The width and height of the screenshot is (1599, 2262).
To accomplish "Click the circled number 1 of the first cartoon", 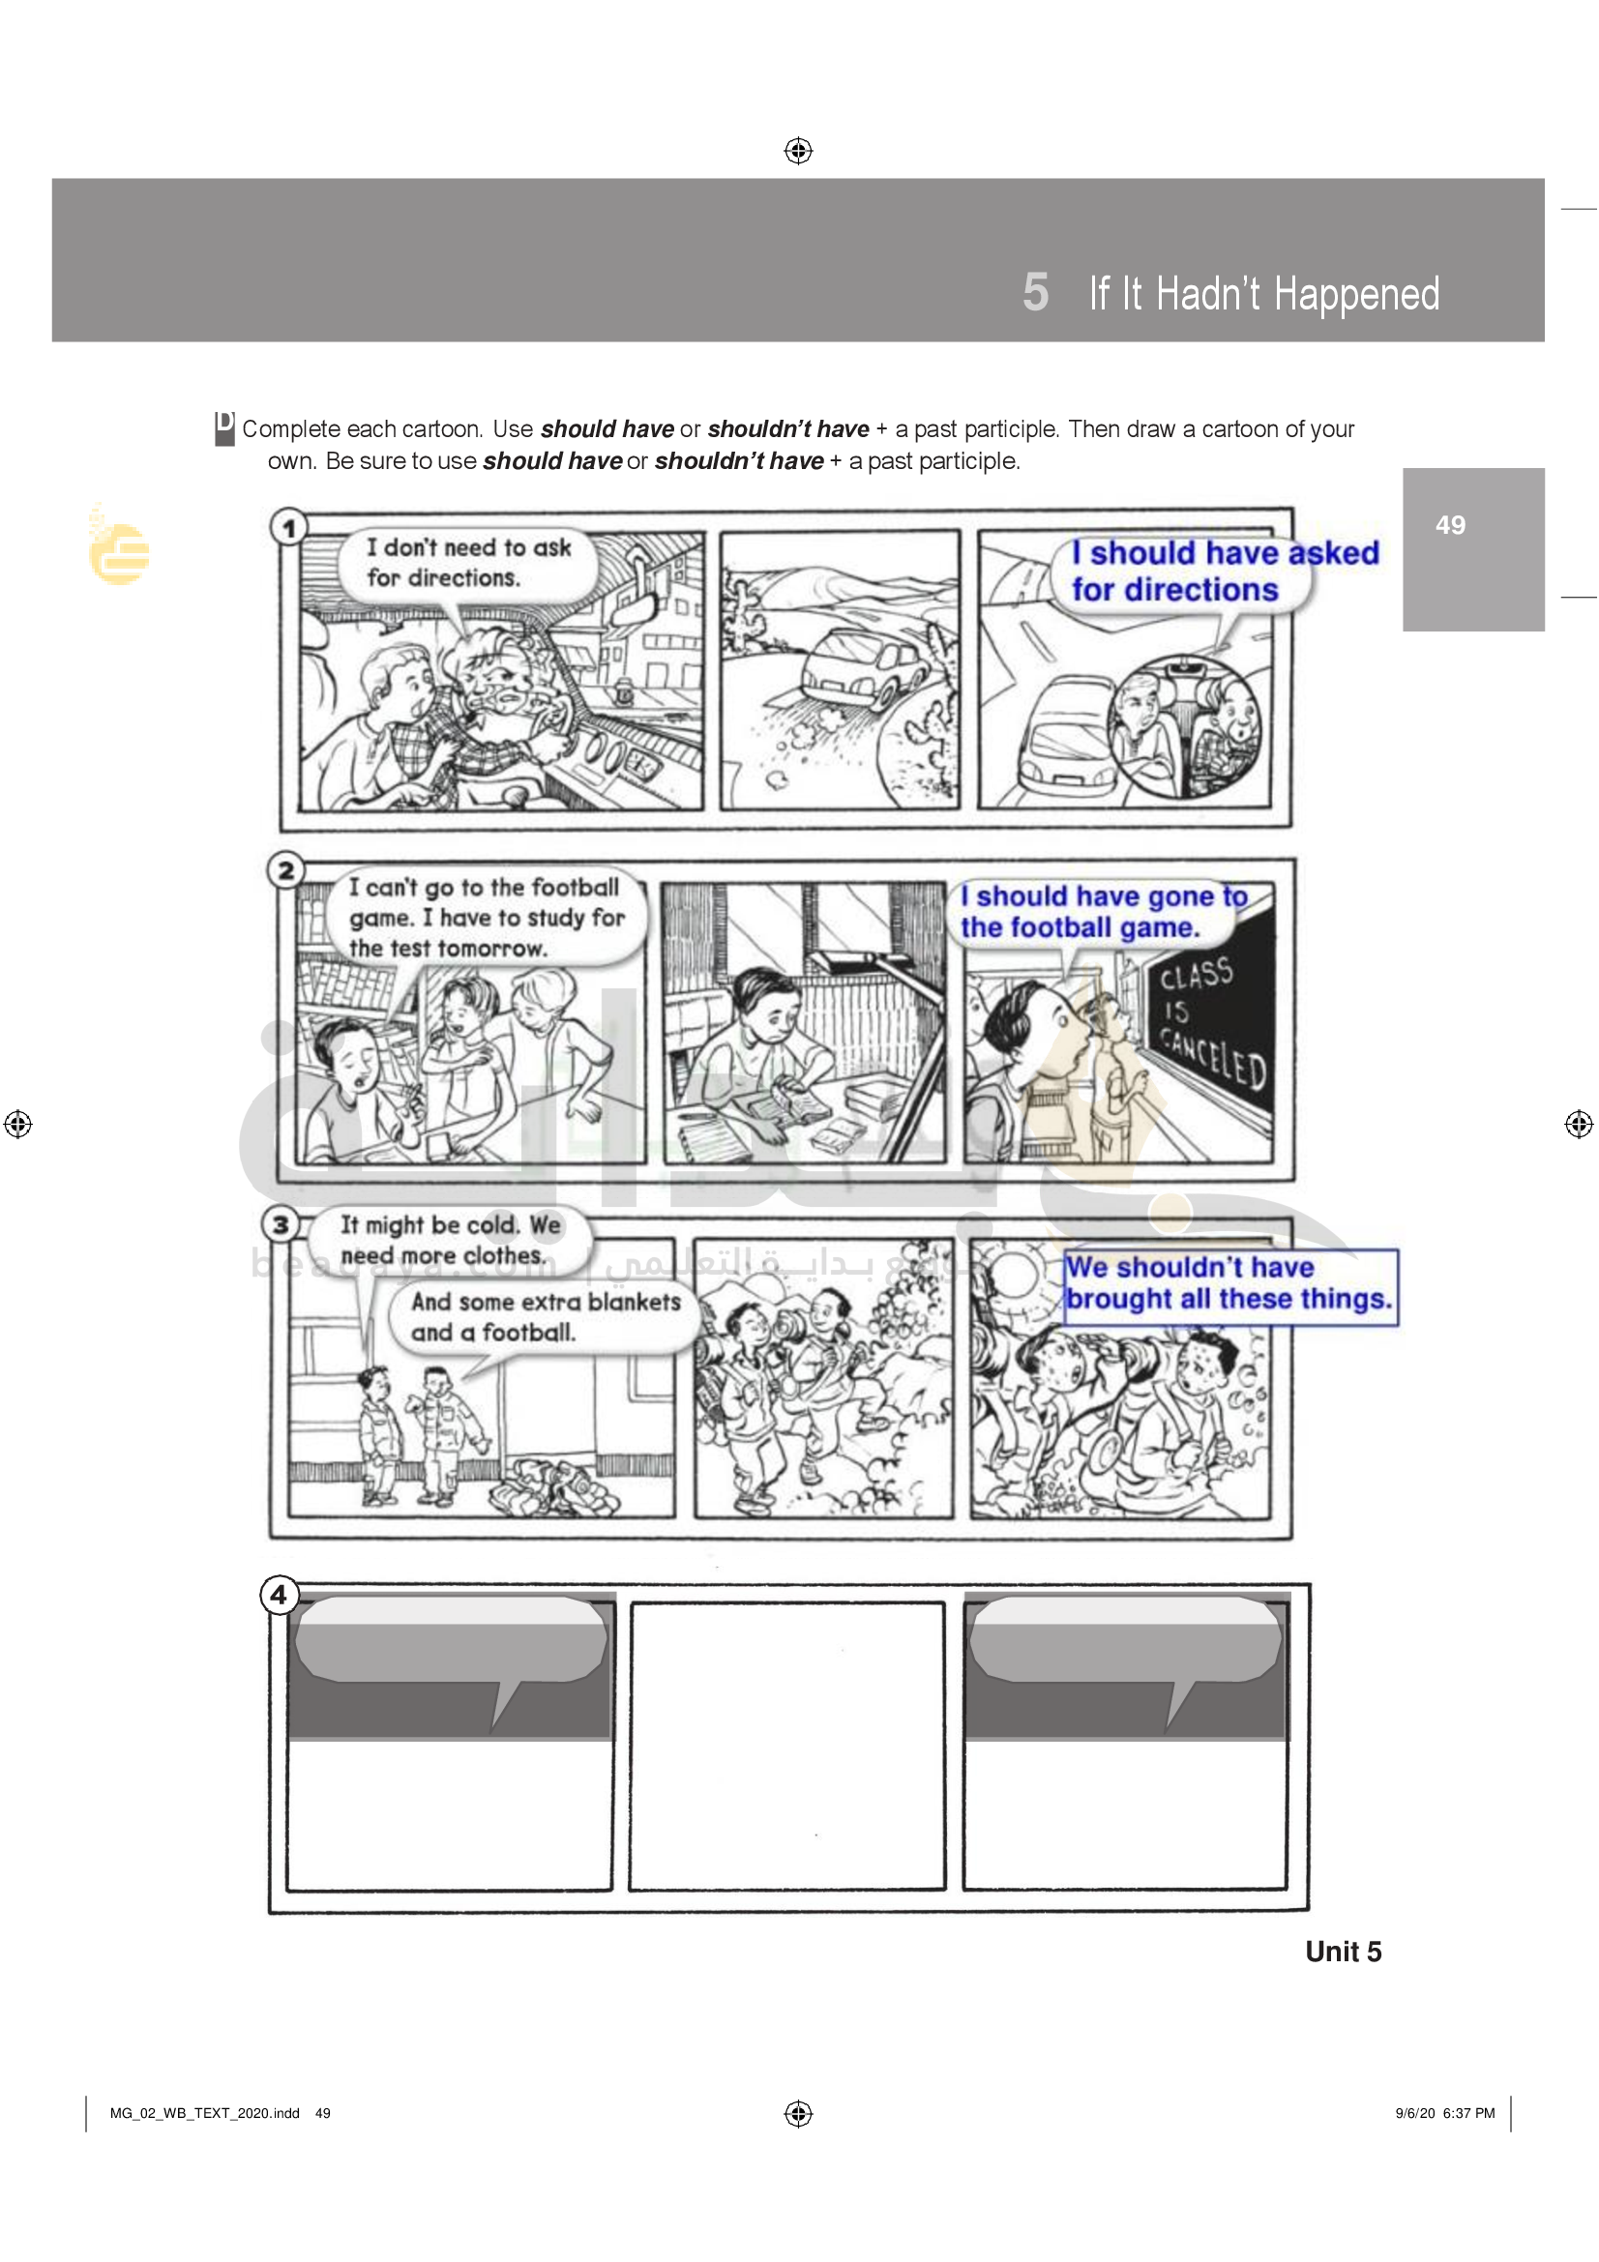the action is [x=288, y=528].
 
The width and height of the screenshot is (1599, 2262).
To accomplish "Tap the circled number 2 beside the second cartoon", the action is [x=286, y=870].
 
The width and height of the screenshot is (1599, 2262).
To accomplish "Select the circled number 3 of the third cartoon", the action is [x=281, y=1224].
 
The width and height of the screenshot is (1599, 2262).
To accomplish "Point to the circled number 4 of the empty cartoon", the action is [x=280, y=1594].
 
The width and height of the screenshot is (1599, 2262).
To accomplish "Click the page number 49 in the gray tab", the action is [x=1449, y=525].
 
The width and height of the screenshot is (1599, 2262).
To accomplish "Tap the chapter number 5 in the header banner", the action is [x=1035, y=293].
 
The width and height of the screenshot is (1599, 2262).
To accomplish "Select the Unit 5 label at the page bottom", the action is [x=1343, y=1952].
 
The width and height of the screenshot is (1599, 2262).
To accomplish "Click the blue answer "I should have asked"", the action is [x=1225, y=553].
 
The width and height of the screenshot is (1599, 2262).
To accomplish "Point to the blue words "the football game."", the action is [x=1080, y=927].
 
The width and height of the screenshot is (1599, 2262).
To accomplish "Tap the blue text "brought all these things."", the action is [x=1229, y=1299].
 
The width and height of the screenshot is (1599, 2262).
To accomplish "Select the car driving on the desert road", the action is [x=864, y=668].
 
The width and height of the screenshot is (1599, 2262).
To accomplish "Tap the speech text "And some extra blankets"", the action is [x=546, y=1302].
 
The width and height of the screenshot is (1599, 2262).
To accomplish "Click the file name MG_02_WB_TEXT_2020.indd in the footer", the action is [x=204, y=2112].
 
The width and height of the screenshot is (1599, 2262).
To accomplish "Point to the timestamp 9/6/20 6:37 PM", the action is [x=1444, y=2112].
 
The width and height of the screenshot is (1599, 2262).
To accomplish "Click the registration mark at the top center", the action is [x=798, y=151].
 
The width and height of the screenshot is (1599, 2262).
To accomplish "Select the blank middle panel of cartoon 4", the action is [x=787, y=1746].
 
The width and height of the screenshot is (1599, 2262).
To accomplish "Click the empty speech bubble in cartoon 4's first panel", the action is [x=451, y=1639].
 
